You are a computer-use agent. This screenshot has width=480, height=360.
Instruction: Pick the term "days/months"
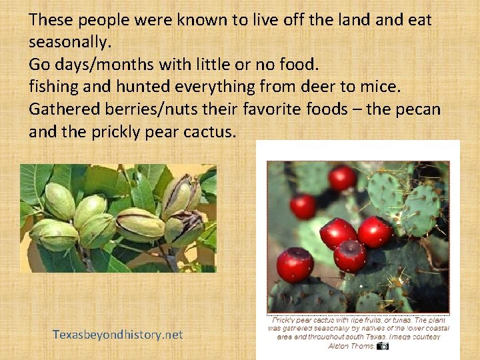(x=104, y=65)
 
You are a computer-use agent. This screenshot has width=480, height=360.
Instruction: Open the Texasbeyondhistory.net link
(x=118, y=335)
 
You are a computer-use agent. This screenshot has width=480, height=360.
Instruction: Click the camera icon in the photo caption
(x=383, y=345)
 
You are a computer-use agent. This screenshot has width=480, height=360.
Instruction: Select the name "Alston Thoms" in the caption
(x=351, y=345)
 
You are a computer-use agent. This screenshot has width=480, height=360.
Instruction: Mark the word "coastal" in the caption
(x=435, y=328)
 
